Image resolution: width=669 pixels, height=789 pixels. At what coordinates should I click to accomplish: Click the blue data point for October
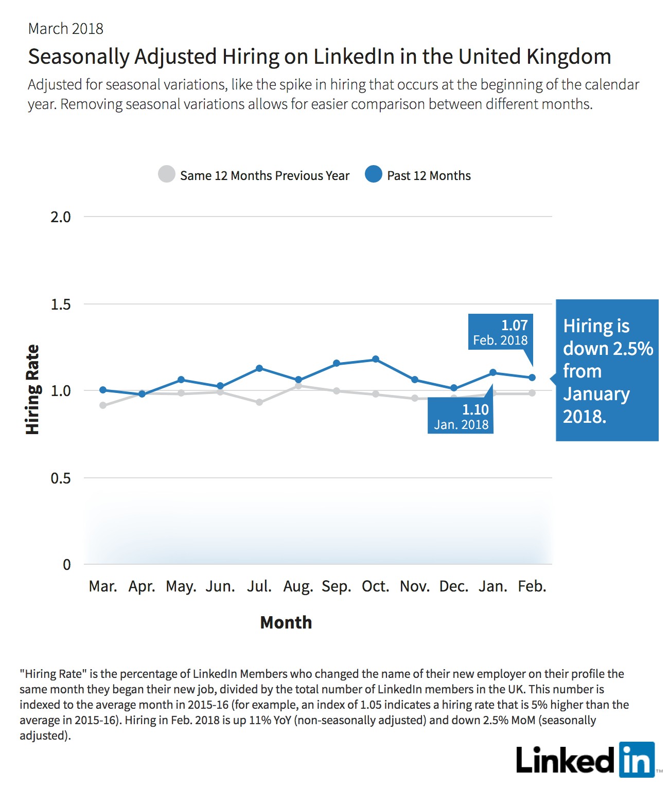point(375,359)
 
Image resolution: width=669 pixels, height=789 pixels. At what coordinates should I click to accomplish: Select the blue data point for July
point(259,368)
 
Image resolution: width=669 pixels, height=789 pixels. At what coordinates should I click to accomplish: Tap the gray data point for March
point(103,405)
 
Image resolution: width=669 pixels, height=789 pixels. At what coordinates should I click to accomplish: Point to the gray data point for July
point(259,402)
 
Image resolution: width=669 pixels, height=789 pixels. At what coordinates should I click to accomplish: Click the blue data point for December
point(454,388)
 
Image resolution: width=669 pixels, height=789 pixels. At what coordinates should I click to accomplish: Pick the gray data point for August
point(298,386)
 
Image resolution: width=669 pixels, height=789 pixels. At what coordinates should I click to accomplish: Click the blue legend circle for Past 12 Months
point(374,174)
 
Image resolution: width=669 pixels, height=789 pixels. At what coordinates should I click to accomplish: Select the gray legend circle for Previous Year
point(167,174)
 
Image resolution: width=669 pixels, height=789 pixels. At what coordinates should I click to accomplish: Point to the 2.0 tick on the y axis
point(61,217)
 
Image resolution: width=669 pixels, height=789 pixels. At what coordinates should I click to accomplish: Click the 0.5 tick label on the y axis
point(61,478)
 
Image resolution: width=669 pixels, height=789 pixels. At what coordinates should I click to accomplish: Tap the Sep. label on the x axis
point(337,586)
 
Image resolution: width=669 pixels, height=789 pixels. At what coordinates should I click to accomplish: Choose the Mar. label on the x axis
point(103,586)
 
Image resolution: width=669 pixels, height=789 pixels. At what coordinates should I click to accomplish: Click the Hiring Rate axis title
point(32,389)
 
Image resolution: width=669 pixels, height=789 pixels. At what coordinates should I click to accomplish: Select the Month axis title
point(286,622)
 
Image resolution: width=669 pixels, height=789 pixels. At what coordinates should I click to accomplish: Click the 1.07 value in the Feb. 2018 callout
point(514,325)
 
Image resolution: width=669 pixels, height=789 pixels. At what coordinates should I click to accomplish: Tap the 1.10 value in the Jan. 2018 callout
point(476,409)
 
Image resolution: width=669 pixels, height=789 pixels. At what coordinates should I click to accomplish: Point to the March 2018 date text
point(66,29)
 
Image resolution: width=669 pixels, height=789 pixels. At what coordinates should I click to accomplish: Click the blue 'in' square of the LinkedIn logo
point(637,760)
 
